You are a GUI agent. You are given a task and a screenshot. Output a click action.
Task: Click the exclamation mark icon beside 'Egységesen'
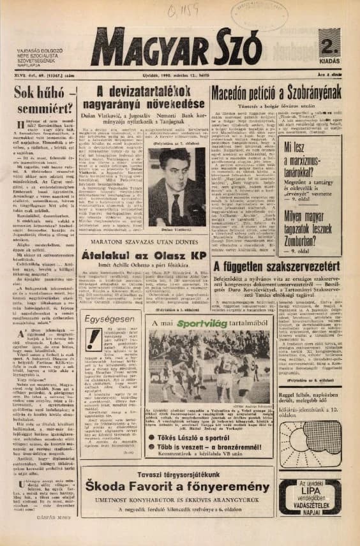94,341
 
